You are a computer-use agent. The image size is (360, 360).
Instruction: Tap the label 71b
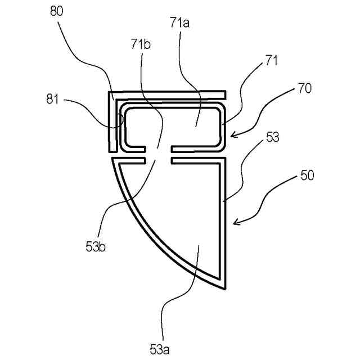coord(142,44)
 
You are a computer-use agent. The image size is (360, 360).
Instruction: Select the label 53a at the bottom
coord(160,349)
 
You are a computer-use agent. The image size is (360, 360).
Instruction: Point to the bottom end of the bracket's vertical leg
coord(112,152)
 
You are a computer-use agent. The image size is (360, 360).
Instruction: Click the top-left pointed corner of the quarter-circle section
coord(113,160)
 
